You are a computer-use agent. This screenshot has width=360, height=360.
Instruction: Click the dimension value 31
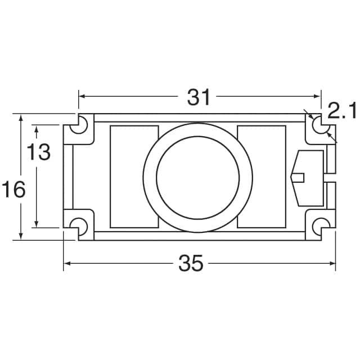click(x=199, y=97)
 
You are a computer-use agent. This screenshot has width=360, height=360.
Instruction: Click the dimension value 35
click(x=191, y=263)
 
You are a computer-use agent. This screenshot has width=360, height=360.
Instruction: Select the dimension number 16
click(x=13, y=190)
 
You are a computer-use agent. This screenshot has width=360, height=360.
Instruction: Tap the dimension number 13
click(x=39, y=152)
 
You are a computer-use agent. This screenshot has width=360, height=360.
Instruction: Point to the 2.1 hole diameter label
click(x=342, y=111)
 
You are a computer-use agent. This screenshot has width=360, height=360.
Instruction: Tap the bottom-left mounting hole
click(x=79, y=226)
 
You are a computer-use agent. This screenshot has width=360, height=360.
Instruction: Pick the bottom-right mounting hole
click(x=320, y=226)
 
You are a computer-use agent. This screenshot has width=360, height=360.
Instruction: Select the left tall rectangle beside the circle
click(x=134, y=177)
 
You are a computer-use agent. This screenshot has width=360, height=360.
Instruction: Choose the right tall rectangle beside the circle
click(x=262, y=177)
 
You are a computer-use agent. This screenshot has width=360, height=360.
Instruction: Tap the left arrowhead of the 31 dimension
click(x=81, y=97)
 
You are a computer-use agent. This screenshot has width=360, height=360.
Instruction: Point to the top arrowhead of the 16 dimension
click(x=21, y=118)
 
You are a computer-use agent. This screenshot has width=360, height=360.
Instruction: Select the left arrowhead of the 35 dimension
click(x=66, y=263)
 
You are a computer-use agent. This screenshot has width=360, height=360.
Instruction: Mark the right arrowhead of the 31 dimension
click(x=318, y=97)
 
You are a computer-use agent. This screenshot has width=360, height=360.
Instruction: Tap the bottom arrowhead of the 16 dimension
click(x=21, y=236)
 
